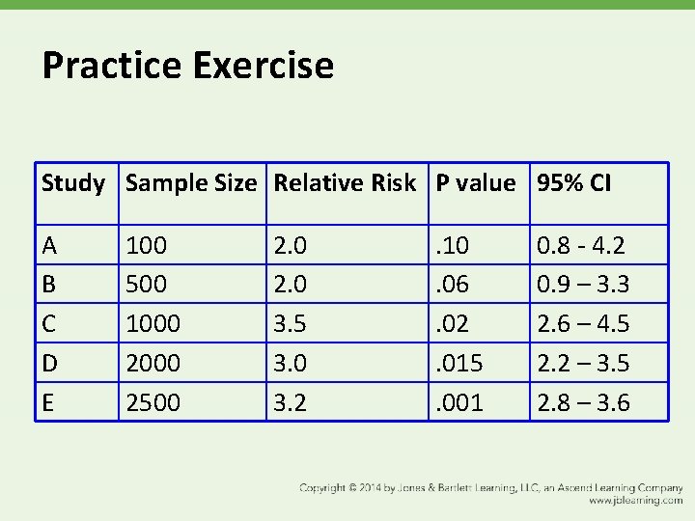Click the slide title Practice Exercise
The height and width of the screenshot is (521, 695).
tap(188, 66)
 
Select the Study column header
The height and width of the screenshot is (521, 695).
tap(73, 183)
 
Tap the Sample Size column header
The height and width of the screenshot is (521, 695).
tap(191, 183)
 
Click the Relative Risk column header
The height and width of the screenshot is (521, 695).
tap(345, 183)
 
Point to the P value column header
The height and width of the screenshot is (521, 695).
tap(476, 183)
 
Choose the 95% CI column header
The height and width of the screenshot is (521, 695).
tap(574, 183)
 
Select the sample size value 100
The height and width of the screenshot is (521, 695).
tap(147, 246)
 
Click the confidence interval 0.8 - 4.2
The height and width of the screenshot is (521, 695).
tap(581, 246)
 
